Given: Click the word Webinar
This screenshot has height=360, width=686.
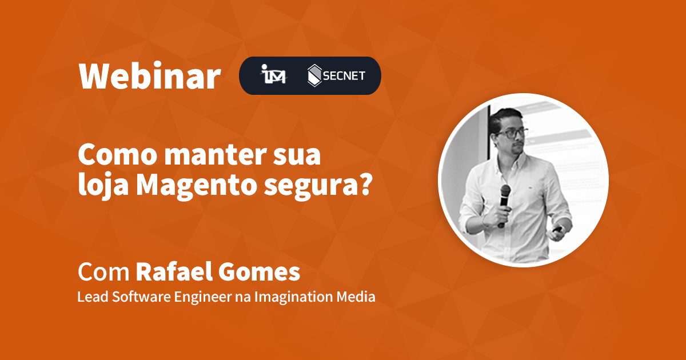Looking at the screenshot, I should [149, 76].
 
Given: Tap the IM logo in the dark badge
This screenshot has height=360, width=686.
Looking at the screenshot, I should [273, 76].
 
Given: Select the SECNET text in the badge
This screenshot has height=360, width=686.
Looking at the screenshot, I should [345, 76].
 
